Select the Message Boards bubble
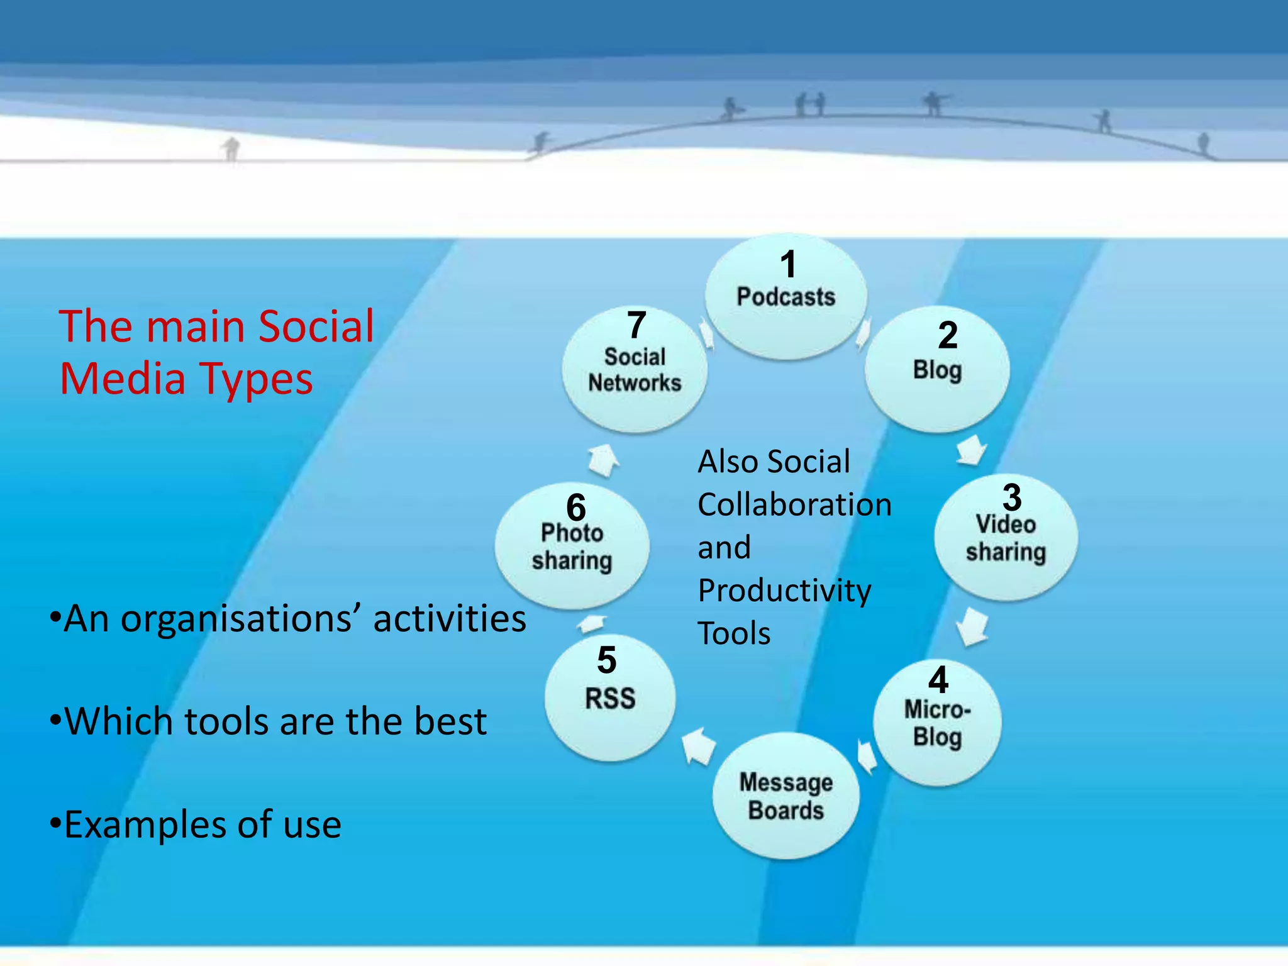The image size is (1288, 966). [x=786, y=796]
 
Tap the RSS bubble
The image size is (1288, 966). [x=610, y=699]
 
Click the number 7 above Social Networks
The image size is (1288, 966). [x=636, y=325]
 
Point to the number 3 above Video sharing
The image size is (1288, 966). [x=1011, y=497]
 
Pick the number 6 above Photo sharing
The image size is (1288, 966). [x=575, y=507]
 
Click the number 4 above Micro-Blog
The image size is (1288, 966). [x=938, y=680]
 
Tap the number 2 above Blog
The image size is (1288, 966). [x=947, y=335]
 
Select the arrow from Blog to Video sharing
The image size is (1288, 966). [x=972, y=450]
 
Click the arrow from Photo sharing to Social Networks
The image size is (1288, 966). [x=604, y=460]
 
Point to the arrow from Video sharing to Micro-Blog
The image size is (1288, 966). [x=972, y=626]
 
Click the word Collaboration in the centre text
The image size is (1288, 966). [x=794, y=505]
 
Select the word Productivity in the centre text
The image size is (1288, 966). [x=784, y=591]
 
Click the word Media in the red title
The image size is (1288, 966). [x=122, y=379]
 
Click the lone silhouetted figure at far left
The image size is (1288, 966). [x=231, y=149]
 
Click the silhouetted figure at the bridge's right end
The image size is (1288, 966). [x=1203, y=143]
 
